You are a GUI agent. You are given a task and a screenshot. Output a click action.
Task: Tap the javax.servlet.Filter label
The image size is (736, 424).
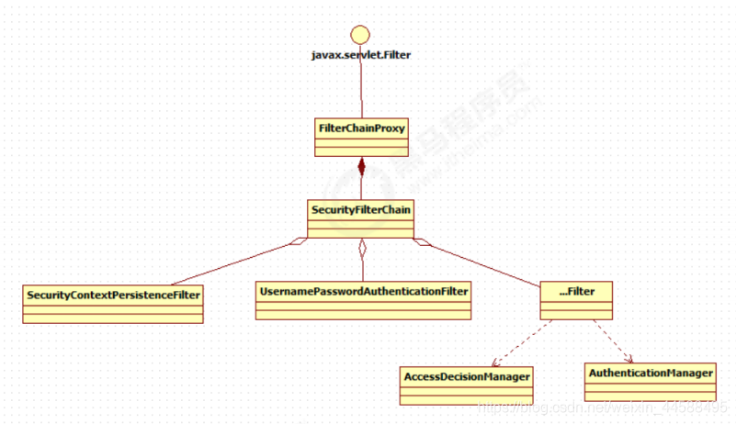(x=361, y=55)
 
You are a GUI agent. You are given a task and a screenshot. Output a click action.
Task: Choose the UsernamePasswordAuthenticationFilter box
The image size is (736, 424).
(x=363, y=300)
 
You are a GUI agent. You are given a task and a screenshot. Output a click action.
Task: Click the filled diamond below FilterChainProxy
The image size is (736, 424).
(x=362, y=167)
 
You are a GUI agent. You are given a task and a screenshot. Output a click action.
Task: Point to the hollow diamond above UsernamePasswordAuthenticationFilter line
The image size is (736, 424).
(x=362, y=246)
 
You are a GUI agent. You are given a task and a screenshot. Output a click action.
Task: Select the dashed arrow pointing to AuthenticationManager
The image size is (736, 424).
(x=613, y=340)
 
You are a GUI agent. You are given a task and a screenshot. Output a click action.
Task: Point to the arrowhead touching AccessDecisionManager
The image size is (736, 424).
(x=495, y=363)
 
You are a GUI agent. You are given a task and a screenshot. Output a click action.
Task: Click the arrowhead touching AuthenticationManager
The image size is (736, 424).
(x=629, y=360)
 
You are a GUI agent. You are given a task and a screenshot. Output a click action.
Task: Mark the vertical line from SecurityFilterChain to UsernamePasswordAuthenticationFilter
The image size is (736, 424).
(x=362, y=268)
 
